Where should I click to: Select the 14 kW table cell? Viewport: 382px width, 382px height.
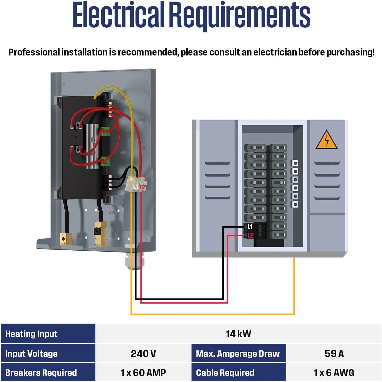[x=238, y=334]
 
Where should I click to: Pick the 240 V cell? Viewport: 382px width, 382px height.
[x=143, y=354]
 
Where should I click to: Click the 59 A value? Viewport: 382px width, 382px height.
[x=334, y=354]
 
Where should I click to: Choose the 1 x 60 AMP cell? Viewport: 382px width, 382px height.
[x=143, y=373]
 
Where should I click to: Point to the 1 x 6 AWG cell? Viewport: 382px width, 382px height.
[x=334, y=373]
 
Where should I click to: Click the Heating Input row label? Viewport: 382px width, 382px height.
[x=31, y=334]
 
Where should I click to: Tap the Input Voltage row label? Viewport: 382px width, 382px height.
[x=31, y=354]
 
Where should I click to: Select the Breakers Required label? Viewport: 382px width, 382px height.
[x=41, y=373]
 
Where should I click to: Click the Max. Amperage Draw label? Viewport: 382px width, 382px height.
[x=238, y=354]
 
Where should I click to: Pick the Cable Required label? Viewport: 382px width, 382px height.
[x=225, y=373]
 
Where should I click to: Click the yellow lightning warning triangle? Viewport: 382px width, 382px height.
[x=326, y=140]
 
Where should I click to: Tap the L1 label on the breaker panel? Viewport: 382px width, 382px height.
[x=250, y=227]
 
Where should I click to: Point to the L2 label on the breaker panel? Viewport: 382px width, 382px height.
[x=250, y=235]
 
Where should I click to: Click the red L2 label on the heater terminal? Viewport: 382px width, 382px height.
[x=142, y=187]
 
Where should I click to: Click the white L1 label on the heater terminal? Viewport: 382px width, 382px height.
[x=136, y=187]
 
